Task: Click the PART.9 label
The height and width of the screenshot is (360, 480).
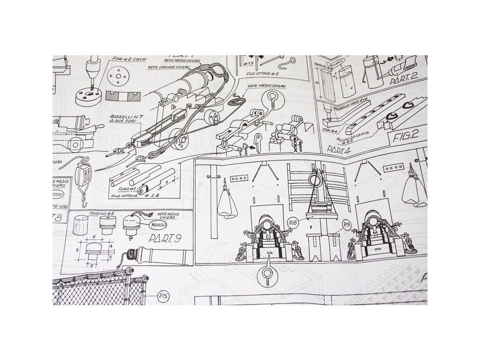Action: pyautogui.click(x=165, y=239)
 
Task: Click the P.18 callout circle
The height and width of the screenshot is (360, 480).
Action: pyautogui.click(x=293, y=222)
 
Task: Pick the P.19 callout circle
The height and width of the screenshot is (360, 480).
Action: pyautogui.click(x=347, y=225)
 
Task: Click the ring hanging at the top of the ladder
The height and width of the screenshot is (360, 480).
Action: pyautogui.click(x=315, y=179)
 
